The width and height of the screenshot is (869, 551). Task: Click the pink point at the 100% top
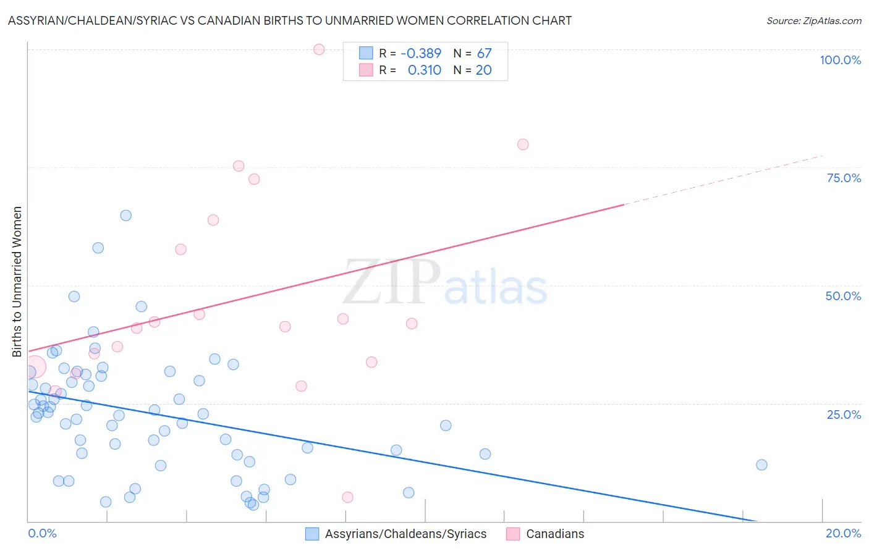(319, 49)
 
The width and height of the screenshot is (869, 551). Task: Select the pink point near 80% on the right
(523, 145)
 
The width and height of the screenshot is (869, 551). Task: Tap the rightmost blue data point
(761, 465)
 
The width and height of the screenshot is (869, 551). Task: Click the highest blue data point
(126, 216)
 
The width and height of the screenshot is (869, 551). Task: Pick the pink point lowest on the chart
(347, 497)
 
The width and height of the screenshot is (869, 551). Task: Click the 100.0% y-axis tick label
(840, 60)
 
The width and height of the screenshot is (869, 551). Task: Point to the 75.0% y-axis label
(844, 178)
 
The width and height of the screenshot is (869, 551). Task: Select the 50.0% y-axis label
(843, 296)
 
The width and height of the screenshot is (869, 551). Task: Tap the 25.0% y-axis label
(844, 414)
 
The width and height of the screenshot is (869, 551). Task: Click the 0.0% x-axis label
(42, 533)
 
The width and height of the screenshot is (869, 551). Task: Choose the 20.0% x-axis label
(843, 533)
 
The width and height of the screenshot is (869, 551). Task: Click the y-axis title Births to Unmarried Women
(17, 282)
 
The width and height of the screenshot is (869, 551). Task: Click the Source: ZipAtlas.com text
(813, 21)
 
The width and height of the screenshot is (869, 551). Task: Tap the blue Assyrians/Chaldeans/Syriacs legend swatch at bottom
(312, 534)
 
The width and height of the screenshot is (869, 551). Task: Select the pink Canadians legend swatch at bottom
(513, 534)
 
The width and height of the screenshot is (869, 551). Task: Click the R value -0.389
(421, 54)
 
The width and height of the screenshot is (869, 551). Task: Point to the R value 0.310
(425, 70)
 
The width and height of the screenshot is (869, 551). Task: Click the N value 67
(484, 54)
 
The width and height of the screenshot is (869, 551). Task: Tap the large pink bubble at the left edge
(35, 367)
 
